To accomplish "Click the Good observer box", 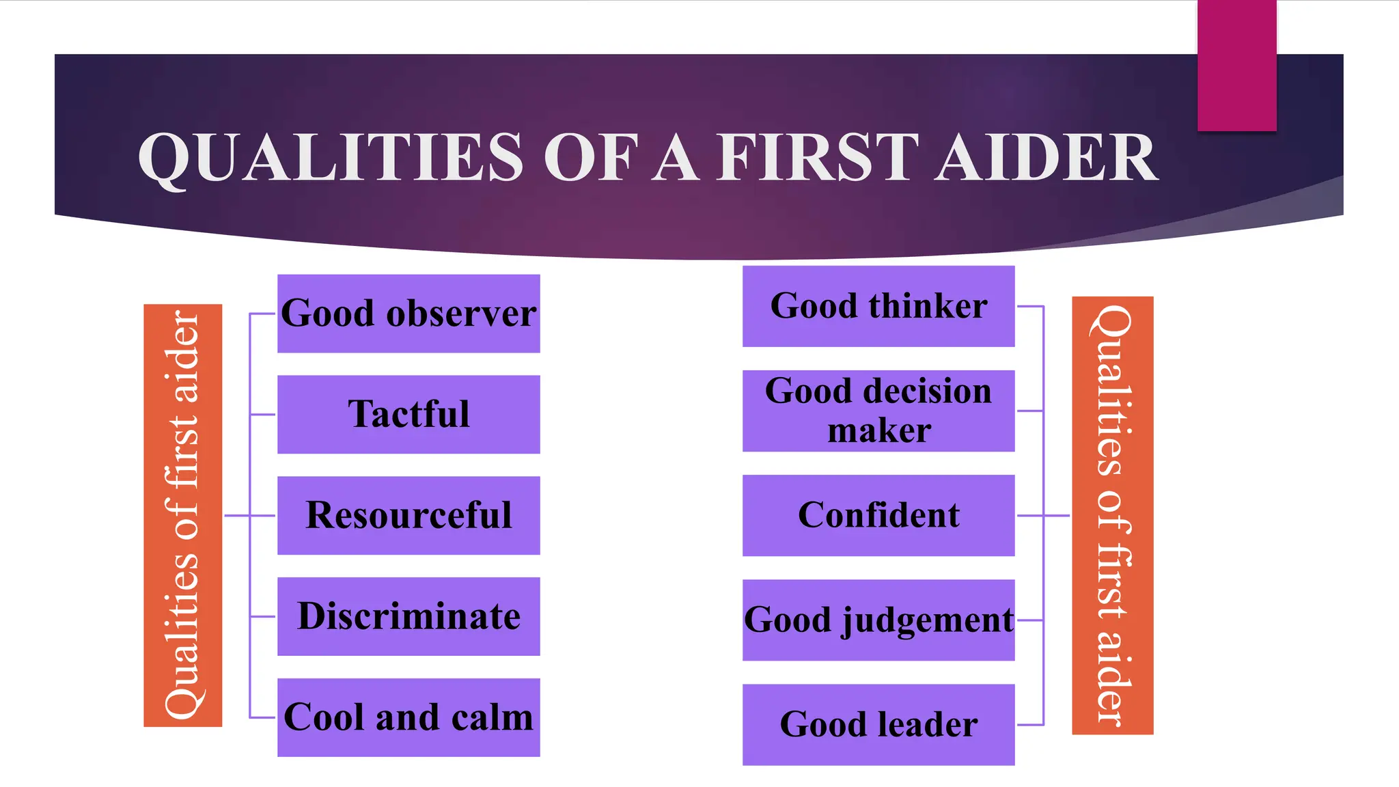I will [x=408, y=314].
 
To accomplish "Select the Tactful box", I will [x=408, y=414].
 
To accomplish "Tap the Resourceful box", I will [x=408, y=515].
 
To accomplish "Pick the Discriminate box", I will [x=408, y=616].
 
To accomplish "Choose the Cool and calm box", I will [x=408, y=717].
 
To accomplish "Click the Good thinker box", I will [x=878, y=306].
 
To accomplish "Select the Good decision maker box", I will [x=878, y=411].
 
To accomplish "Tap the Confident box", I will [x=878, y=515].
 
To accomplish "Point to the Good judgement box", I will [x=878, y=620].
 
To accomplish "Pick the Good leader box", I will [x=878, y=724].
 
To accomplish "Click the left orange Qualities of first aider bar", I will [x=183, y=515].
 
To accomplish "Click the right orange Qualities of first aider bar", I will [x=1113, y=515].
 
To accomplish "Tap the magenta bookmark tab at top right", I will [x=1236, y=65].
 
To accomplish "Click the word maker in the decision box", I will [x=879, y=431].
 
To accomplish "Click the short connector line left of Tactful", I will [x=262, y=414].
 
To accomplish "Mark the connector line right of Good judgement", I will [x=1030, y=620].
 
